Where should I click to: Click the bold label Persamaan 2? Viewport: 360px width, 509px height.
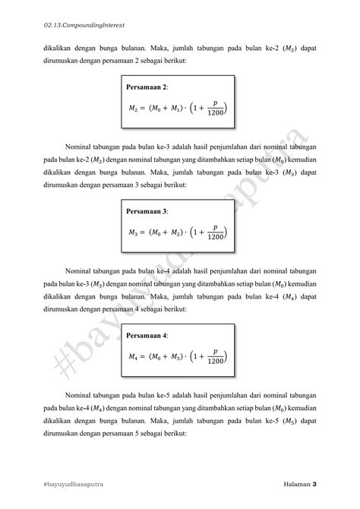click(147, 88)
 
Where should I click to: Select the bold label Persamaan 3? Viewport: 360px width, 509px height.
click(147, 210)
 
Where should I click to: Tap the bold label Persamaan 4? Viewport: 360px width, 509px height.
click(147, 334)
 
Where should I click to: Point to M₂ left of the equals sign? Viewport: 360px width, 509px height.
click(134, 110)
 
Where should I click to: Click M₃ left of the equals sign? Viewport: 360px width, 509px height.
click(134, 232)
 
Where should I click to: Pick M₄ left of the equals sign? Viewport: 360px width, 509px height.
click(134, 356)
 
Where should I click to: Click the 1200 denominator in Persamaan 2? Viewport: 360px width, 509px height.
click(216, 115)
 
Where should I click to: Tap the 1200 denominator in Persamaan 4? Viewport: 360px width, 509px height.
click(216, 362)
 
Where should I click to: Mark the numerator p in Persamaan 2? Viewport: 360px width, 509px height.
click(216, 104)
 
